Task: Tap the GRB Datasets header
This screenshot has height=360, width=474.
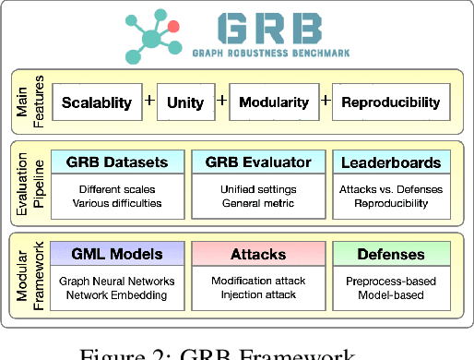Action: (117, 162)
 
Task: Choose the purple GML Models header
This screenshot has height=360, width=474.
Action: (117, 254)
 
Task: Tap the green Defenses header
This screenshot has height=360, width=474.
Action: (390, 254)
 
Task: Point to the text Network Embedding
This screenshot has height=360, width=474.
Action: (117, 295)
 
